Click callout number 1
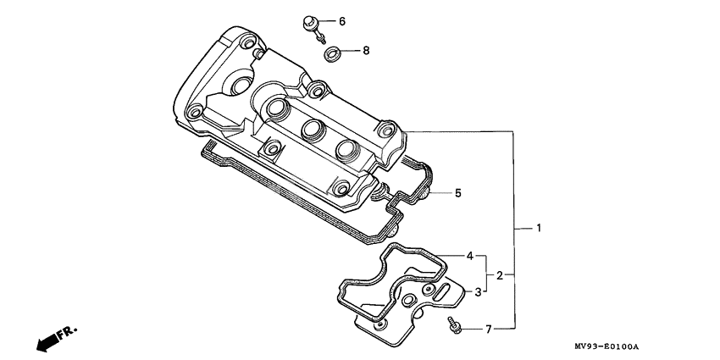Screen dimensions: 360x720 tap(538, 229)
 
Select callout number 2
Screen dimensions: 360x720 tap(501, 274)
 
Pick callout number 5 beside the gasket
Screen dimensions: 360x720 tap(457, 193)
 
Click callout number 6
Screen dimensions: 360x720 tap(342, 20)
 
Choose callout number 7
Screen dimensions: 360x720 tap(488, 328)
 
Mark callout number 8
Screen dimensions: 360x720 tap(366, 51)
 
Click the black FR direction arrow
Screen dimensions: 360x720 tap(46, 341)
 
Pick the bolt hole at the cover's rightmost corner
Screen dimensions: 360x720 tap(387, 130)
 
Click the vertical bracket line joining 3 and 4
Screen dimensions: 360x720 tap(486, 274)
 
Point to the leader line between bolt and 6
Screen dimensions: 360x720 tap(330, 20)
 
